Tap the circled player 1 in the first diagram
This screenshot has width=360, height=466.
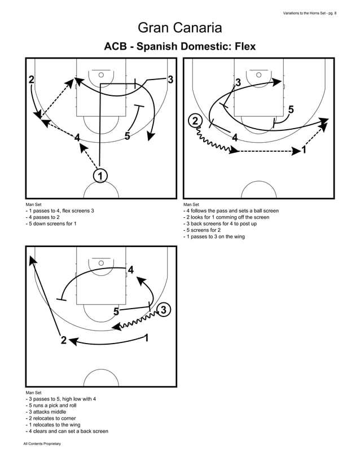pos(100,176)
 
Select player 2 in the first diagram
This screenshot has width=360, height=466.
pos(32,80)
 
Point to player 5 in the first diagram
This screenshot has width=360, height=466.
pos(127,136)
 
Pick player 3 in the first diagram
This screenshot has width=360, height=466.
pos(170,80)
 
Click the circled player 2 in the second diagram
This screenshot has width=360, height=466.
pos(195,121)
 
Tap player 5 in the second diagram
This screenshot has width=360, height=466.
pos(291,109)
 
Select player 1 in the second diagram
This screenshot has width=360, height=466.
pos(305,150)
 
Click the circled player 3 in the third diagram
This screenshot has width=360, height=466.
pos(163,310)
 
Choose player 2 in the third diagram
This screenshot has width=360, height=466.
pos(63,340)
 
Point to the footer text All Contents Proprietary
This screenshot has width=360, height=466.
pos(42,445)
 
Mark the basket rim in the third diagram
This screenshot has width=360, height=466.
pos(101,263)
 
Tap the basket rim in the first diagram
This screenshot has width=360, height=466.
pos(101,74)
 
